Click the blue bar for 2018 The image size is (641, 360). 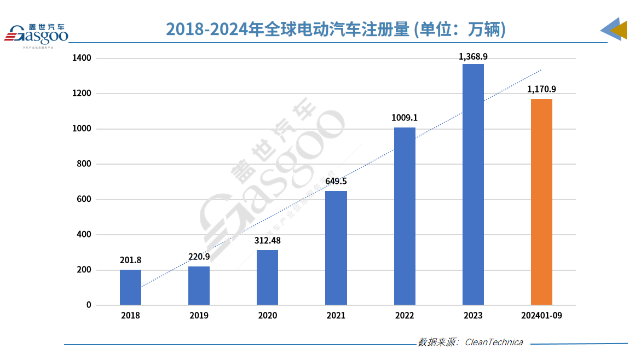pos(130,287)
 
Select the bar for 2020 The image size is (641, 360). pos(267,277)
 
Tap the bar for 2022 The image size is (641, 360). pos(405,216)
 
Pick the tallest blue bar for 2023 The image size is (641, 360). pos(473,184)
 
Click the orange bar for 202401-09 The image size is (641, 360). pos(541,202)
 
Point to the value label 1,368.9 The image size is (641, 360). pos(473,56)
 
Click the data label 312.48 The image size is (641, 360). pos(267,241)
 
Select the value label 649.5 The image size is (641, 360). pos(336,182)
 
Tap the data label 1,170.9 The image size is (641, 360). pos(541,89)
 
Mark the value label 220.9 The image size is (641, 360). pos(199,257)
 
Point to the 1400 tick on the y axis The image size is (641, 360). pos(82,58)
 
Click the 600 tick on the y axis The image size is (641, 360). pos(84,199)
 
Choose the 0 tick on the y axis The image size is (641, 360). pos(88,305)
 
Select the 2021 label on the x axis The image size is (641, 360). pos(336,316)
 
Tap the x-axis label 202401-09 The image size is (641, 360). pos(541,316)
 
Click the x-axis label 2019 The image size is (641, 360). pos(199,316)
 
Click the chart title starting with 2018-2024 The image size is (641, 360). pos(336,30)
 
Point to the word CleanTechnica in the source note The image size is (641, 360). pos(493,342)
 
